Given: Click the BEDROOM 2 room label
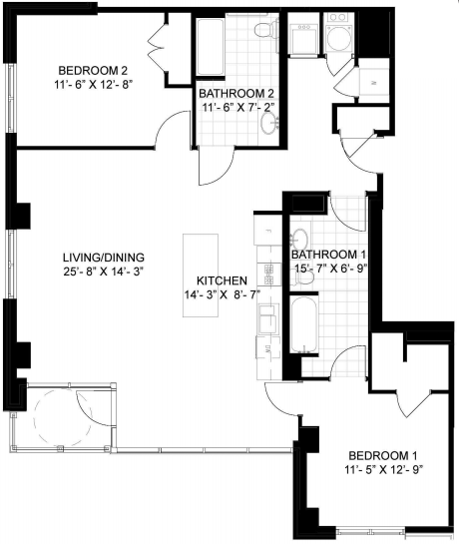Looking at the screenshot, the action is click(93, 71).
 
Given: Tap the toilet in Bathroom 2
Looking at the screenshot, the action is click(266, 30).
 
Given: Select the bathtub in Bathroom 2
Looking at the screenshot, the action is click(210, 47).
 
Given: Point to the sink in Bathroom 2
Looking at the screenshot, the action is click(269, 123).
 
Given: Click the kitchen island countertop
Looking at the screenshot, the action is click(201, 275).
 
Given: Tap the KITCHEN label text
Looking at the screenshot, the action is click(222, 280).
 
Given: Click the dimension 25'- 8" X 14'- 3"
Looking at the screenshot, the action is click(104, 271).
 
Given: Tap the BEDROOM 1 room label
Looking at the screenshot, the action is click(383, 455).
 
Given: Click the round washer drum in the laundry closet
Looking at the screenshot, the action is click(339, 39).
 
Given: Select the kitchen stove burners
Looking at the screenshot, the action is click(268, 273).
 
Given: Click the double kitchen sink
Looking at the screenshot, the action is click(267, 319).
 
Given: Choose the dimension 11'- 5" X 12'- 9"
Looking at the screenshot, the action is click(384, 470).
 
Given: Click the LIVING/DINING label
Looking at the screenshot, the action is click(104, 258).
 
